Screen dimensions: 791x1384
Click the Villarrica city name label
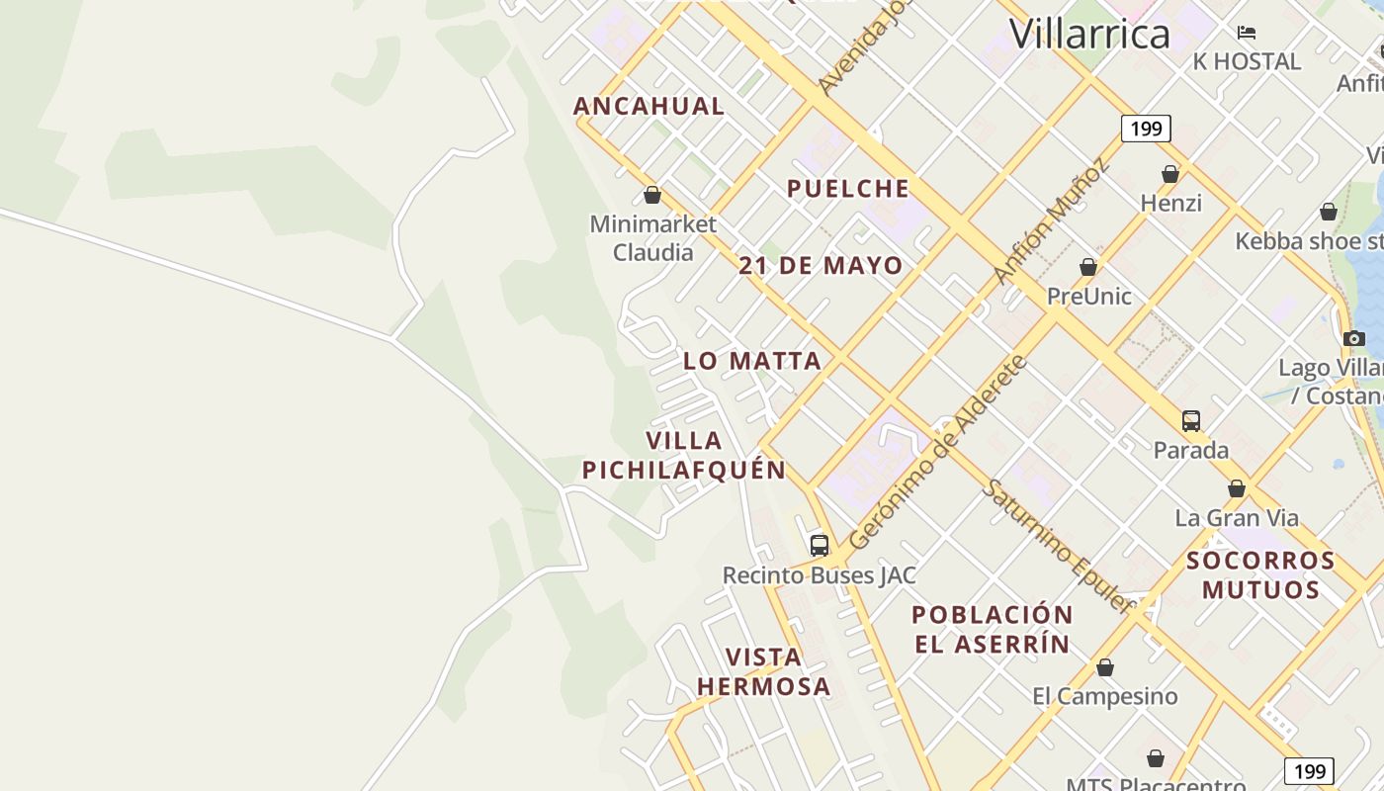[x=1089, y=34]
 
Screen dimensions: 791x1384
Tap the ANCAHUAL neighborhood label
[x=649, y=106]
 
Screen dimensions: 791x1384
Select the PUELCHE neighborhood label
[x=848, y=189]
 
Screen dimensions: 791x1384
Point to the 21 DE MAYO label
[x=821, y=265]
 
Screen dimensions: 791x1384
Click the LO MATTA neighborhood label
[x=752, y=361]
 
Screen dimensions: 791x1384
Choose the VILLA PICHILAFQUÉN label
[x=684, y=455]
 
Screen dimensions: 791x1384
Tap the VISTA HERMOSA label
[x=763, y=671]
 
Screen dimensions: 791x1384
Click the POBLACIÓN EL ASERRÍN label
[x=992, y=629]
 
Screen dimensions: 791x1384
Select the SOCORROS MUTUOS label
[x=1260, y=574]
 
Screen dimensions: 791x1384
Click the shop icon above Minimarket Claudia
[x=651, y=195]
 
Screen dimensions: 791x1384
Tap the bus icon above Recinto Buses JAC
[x=819, y=545]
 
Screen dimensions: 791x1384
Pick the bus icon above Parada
[x=1191, y=420]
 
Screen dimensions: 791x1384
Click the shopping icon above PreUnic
[x=1088, y=267]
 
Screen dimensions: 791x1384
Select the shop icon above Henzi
[x=1170, y=174]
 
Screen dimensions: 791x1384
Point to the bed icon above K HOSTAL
[x=1247, y=33]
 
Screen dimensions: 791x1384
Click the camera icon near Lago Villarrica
[x=1354, y=338]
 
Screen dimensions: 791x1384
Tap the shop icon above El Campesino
[x=1105, y=667]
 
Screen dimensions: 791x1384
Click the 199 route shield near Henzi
[x=1146, y=129]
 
